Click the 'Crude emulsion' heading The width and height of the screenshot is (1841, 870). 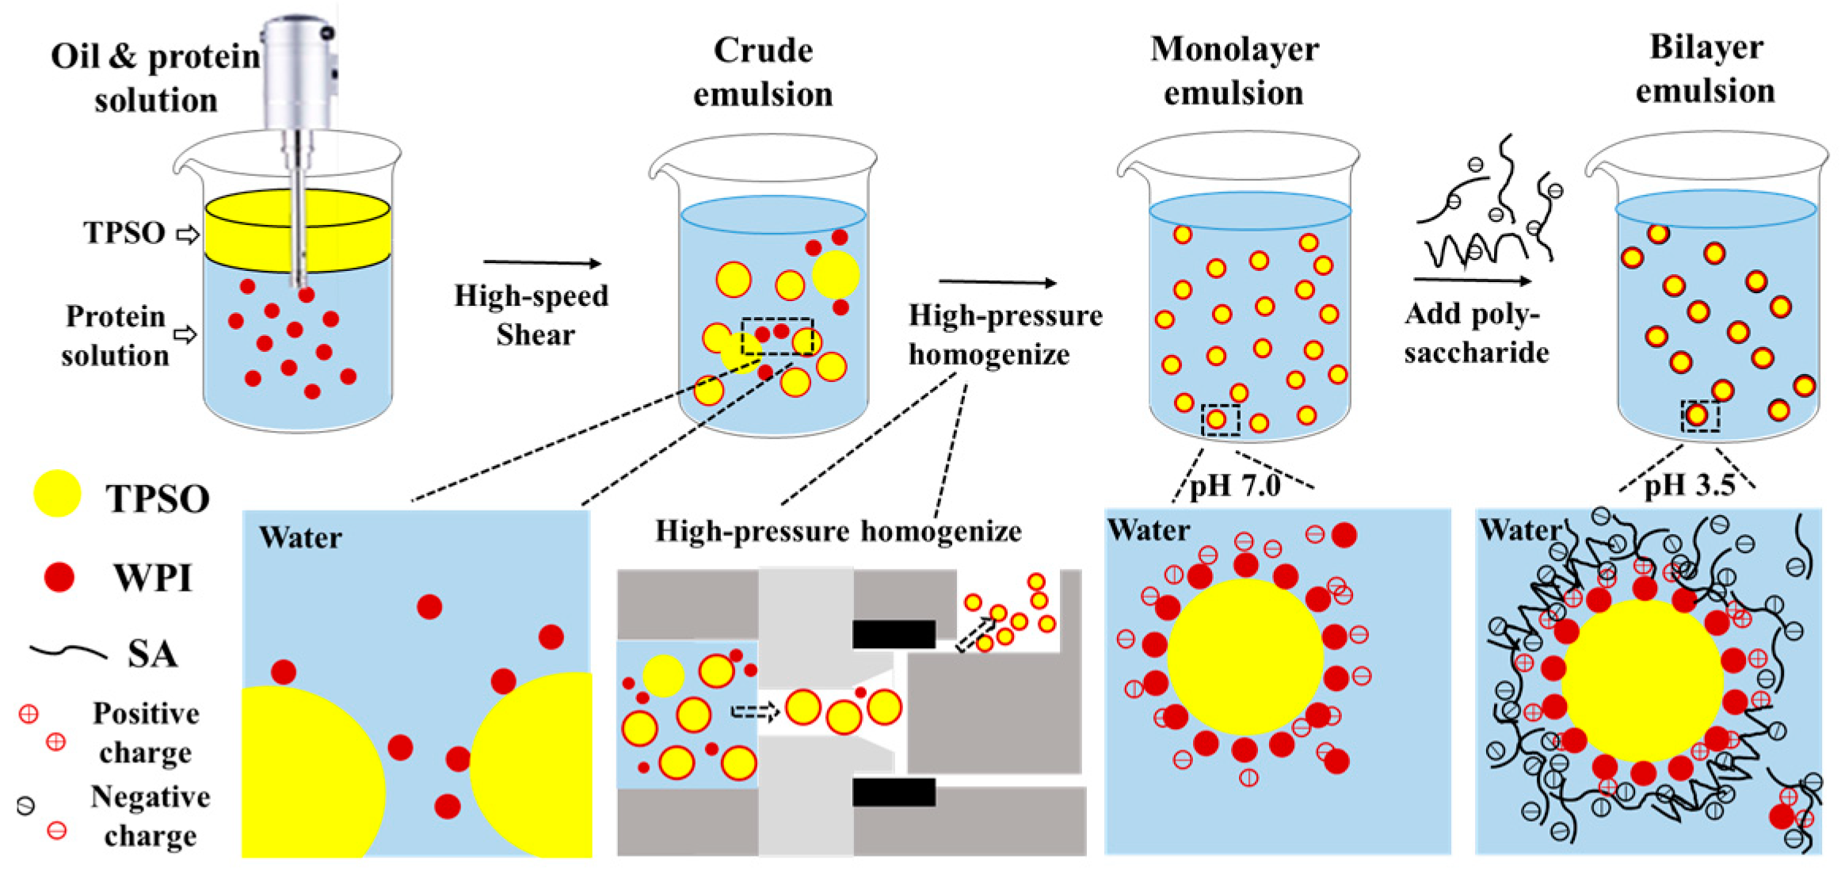[x=763, y=72]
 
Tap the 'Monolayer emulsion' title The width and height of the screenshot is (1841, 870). [x=1233, y=71]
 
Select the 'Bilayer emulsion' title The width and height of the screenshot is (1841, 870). [x=1706, y=69]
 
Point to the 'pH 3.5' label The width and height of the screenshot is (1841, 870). [x=1689, y=484]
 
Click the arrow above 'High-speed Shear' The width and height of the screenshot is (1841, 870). [x=543, y=262]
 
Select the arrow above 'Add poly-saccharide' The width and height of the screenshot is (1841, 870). [x=1472, y=280]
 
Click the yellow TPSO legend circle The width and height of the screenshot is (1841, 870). [x=57, y=494]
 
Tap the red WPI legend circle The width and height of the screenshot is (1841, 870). [x=59, y=577]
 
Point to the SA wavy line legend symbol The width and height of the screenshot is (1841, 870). [x=68, y=652]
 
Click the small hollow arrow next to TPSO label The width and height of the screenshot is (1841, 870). [x=188, y=234]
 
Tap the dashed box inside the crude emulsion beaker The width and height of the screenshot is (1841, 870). [x=777, y=337]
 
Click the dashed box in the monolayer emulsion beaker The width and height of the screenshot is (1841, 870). [x=1220, y=419]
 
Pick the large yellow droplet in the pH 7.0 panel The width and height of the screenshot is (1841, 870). [x=1244, y=656]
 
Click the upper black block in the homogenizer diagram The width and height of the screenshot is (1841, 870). [x=894, y=635]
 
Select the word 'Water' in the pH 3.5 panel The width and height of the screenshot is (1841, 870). [x=1519, y=529]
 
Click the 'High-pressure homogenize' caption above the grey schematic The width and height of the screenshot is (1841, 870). [x=838, y=531]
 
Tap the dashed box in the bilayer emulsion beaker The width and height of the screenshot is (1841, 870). [x=1700, y=416]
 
